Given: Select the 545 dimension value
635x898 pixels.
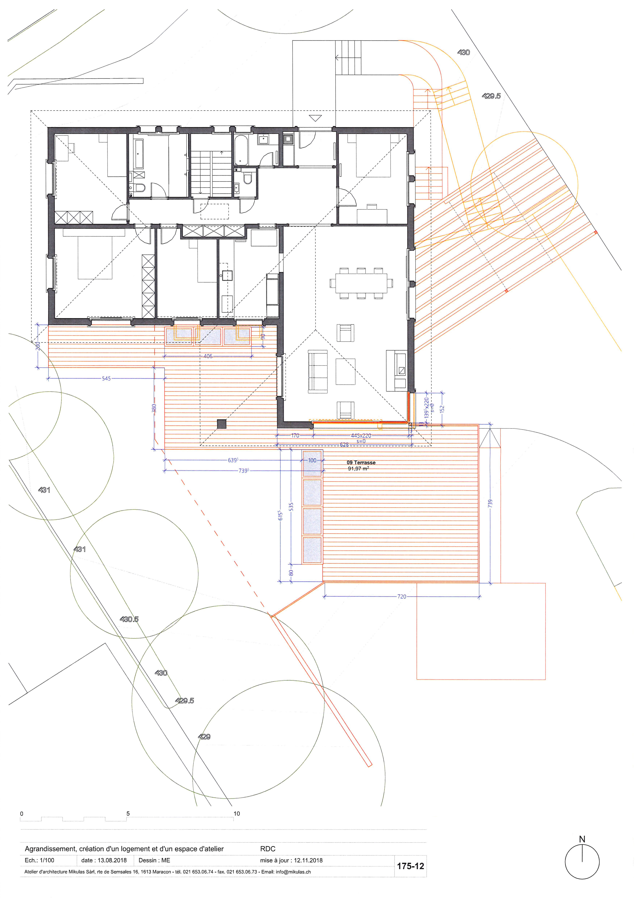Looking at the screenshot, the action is [x=106, y=379].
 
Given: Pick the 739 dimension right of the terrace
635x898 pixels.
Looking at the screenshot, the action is [x=490, y=504].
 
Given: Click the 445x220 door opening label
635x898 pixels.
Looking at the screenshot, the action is [x=361, y=435].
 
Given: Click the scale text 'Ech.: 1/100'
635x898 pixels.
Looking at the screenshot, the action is [x=39, y=860].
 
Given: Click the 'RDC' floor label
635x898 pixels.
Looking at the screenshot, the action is [x=268, y=849].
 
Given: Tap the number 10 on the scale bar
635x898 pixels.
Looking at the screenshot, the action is [x=237, y=813].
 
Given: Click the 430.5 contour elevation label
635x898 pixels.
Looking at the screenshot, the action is [x=129, y=619].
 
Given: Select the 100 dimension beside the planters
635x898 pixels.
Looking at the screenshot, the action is [x=312, y=460].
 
